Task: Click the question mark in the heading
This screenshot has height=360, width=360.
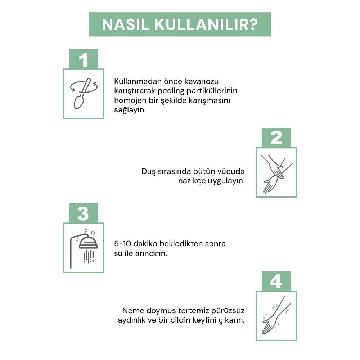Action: tap(253, 24)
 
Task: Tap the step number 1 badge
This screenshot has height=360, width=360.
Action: tap(83, 59)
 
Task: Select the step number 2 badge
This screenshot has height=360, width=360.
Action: tap(276, 138)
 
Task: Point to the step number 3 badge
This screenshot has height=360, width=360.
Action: tap(83, 213)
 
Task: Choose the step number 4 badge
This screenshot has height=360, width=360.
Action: tap(276, 281)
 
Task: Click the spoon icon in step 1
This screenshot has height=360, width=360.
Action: tap(83, 94)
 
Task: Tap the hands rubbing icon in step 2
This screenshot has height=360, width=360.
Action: tap(276, 172)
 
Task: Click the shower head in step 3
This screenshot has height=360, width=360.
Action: tap(88, 243)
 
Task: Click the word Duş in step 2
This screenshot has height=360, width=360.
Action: tap(148, 171)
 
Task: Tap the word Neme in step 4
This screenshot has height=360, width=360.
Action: tap(132, 310)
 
